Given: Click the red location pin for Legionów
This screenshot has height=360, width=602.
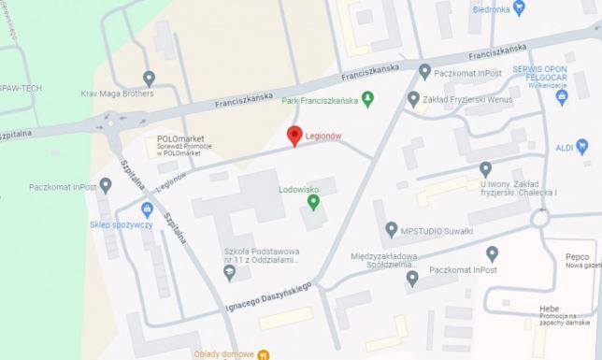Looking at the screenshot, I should pyautogui.click(x=294, y=136).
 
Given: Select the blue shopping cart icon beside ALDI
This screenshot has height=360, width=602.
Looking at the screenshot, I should pyautogui.click(x=582, y=145).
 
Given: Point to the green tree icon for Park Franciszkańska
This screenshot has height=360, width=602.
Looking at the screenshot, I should pyautogui.click(x=367, y=96).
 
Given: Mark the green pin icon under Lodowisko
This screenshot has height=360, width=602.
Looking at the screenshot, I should pyautogui.click(x=311, y=203).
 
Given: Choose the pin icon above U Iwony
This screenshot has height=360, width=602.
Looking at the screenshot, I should pyautogui.click(x=485, y=169).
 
